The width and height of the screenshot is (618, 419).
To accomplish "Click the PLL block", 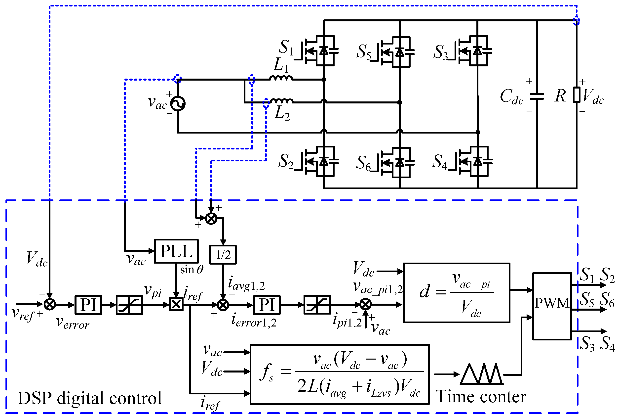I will (176, 251).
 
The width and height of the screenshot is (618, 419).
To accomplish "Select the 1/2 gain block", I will (223, 255).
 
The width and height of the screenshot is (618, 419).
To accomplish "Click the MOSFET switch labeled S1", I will (319, 50).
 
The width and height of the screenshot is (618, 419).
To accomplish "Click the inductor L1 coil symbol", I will (281, 78).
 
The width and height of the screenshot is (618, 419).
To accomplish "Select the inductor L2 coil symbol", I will (282, 101).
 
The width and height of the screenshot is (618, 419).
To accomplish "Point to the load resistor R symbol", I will (577, 95).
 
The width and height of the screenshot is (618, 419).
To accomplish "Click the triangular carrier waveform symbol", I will (482, 374).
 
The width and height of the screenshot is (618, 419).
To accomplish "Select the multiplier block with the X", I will (176, 305).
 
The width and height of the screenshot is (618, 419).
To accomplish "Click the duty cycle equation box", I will (456, 293).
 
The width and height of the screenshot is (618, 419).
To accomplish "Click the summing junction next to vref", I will (49, 304).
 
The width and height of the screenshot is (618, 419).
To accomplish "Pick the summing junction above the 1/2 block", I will (211, 219).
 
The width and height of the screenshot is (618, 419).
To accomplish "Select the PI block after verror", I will (88, 305).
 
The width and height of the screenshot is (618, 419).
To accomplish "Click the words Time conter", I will (481, 397).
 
